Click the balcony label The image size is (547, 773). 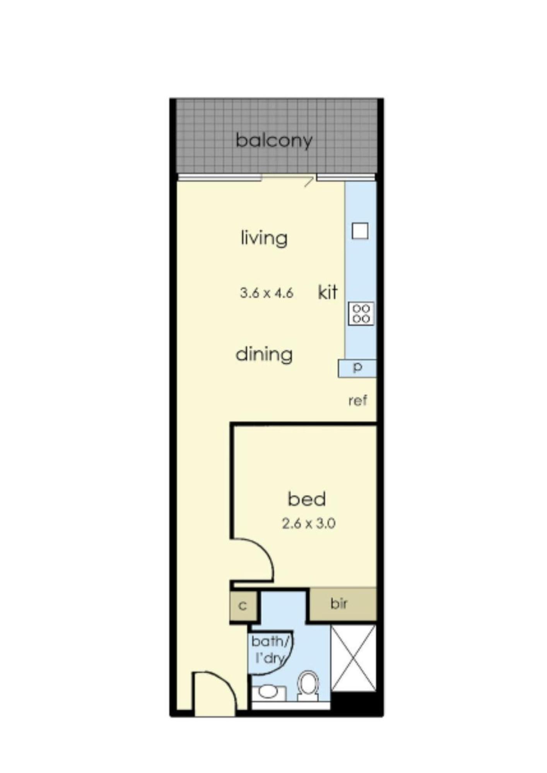pos(274,140)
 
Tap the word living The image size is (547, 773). pos(264,237)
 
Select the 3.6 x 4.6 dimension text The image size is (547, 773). pos(267,293)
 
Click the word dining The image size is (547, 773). pos(264,354)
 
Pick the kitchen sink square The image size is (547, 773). pos(360,231)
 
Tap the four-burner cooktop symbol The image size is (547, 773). pos(361,313)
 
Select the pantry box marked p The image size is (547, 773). pos(357,368)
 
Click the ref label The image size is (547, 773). pos(357,401)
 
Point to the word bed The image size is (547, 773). pos(307,499)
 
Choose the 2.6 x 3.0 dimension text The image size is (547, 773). pos(308,524)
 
